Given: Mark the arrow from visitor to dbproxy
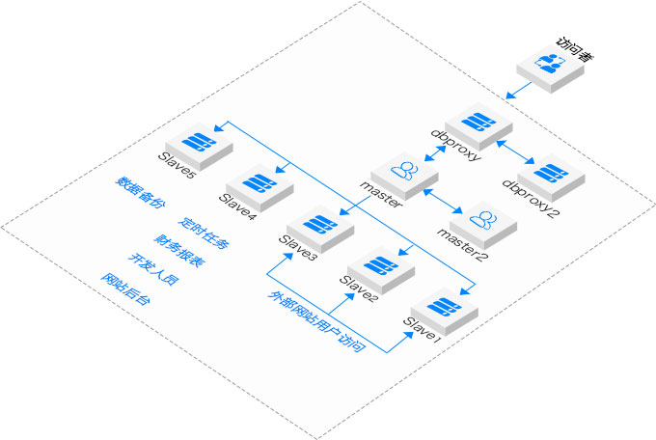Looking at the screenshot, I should (518, 90).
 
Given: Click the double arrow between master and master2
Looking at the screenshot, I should (445, 197).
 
